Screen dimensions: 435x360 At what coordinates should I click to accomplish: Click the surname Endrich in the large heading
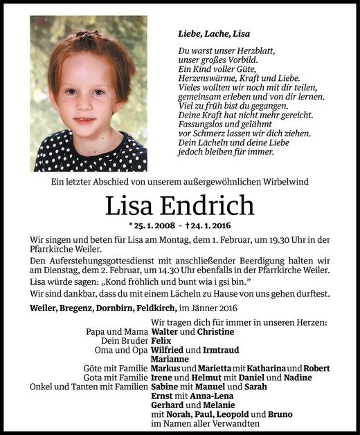coord(208,205)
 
